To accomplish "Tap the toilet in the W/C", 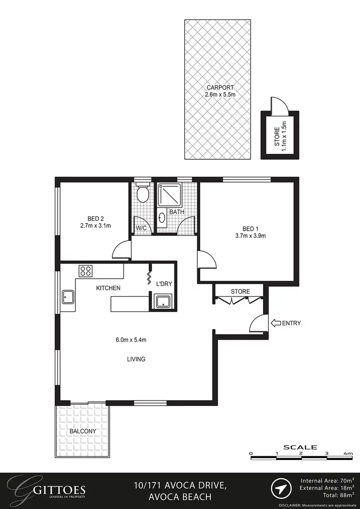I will (142, 194).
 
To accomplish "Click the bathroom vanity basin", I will (162, 218).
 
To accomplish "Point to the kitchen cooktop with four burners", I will (86, 271).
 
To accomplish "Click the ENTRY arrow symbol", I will (276, 323).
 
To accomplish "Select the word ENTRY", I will (292, 323).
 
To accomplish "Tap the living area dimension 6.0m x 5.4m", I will (131, 340).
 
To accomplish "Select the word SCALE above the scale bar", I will (300, 447).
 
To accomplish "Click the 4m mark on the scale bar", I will (348, 453).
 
